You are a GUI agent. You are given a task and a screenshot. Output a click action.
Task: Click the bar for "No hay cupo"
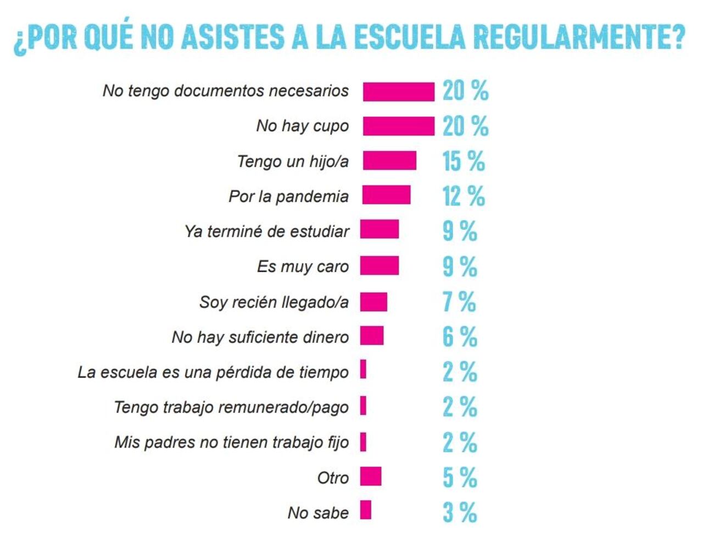pyautogui.click(x=398, y=126)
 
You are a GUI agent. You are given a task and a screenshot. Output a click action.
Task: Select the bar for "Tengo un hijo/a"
pyautogui.click(x=389, y=161)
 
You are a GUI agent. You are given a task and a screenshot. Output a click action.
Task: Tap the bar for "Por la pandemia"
pyautogui.click(x=386, y=195)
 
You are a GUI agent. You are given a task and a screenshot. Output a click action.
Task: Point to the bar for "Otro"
pyautogui.click(x=371, y=476)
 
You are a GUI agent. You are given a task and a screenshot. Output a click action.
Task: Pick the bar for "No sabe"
pyautogui.click(x=366, y=510)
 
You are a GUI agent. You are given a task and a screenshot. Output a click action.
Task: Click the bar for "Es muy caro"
pyautogui.click(x=380, y=265)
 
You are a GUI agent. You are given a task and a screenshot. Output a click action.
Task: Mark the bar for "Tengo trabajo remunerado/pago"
pyautogui.click(x=364, y=406)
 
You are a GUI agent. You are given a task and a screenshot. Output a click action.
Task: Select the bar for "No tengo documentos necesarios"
pyautogui.click(x=398, y=91)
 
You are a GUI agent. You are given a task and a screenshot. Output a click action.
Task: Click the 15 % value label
pyautogui.click(x=464, y=161)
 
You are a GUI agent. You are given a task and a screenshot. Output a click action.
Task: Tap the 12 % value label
pyautogui.click(x=464, y=196)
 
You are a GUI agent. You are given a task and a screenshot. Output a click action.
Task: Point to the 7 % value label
pyautogui.click(x=459, y=302)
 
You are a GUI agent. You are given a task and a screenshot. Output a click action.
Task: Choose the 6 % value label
pyautogui.click(x=460, y=337)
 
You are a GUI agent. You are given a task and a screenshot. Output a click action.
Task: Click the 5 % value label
pyautogui.click(x=460, y=477)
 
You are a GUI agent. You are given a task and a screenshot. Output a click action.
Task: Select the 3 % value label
pyautogui.click(x=460, y=512)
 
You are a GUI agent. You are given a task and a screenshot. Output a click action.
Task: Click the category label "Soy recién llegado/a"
pyautogui.click(x=274, y=302)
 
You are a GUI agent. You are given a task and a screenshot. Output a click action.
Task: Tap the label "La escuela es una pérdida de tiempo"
pyautogui.click(x=213, y=372)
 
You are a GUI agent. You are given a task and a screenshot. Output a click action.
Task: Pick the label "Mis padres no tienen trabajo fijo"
pyautogui.click(x=231, y=442)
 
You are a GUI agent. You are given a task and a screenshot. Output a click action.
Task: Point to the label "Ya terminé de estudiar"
pyautogui.click(x=266, y=231)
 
